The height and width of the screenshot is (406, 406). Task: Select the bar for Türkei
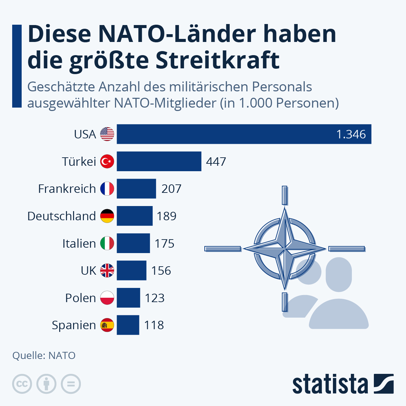click(159, 161)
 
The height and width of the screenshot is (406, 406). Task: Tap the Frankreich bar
click(136, 189)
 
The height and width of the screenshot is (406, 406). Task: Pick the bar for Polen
click(128, 298)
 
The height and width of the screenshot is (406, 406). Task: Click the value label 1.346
click(351, 134)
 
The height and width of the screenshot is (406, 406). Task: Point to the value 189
click(166, 216)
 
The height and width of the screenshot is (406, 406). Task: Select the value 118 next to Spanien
click(154, 325)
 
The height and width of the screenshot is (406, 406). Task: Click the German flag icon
click(107, 216)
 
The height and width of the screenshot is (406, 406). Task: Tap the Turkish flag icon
click(107, 161)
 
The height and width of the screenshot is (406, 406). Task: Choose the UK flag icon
click(107, 271)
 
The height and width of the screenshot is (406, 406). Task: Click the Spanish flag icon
click(107, 325)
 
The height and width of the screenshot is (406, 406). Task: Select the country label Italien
click(79, 244)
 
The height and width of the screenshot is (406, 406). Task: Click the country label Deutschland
click(62, 216)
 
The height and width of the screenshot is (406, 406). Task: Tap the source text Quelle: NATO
click(44, 356)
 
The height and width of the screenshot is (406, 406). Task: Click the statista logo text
click(330, 384)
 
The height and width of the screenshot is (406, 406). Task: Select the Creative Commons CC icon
click(22, 384)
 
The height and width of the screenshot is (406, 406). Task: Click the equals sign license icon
click(71, 384)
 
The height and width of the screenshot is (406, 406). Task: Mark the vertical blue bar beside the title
click(17, 66)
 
